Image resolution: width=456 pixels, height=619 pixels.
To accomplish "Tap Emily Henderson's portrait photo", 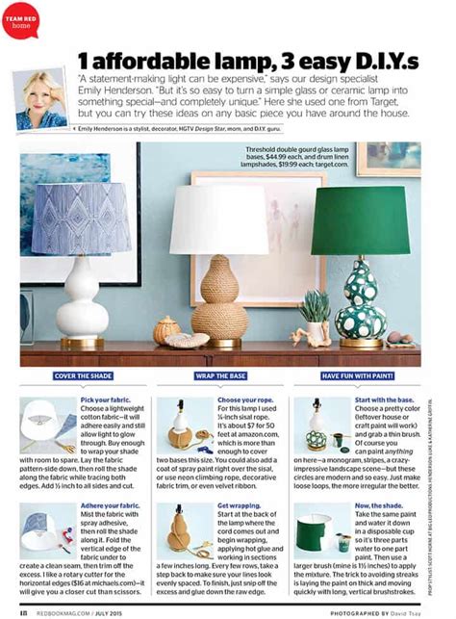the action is (x=41, y=99).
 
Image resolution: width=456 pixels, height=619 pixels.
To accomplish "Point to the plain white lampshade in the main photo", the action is (x=218, y=220).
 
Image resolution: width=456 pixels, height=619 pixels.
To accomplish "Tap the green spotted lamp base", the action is (x=360, y=303).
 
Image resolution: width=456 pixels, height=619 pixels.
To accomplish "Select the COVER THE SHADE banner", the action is (x=81, y=375).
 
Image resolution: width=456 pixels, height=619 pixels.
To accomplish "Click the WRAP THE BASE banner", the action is (x=218, y=375).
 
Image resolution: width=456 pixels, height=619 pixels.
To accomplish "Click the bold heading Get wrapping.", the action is (x=238, y=504).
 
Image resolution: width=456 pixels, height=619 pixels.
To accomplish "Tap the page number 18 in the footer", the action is (x=19, y=609).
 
